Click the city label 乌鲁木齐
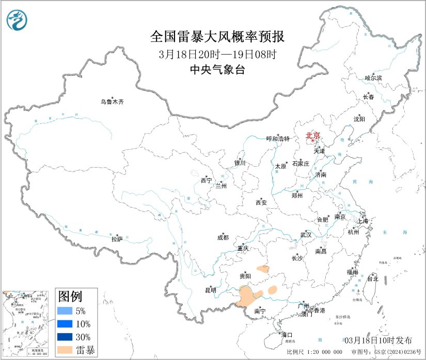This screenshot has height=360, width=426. (x=112, y=102)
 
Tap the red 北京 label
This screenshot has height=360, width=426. (x=313, y=136)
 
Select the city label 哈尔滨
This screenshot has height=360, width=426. (x=373, y=78)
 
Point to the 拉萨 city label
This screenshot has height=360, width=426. (x=117, y=239)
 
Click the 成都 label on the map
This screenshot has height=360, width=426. (x=223, y=238)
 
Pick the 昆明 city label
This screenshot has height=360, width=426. (x=211, y=290)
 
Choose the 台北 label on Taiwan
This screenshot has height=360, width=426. (x=372, y=279)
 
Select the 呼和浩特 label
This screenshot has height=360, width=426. (x=278, y=139)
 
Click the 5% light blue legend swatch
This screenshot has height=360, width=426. (x=65, y=311)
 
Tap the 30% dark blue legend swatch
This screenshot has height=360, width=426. (x=65, y=337)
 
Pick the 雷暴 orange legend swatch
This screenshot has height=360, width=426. (x=65, y=350)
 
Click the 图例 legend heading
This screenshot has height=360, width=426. (x=70, y=296)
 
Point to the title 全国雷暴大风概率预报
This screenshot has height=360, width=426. (x=217, y=37)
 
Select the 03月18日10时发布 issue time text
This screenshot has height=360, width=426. (x=378, y=340)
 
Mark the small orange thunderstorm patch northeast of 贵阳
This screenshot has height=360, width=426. (x=263, y=269)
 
